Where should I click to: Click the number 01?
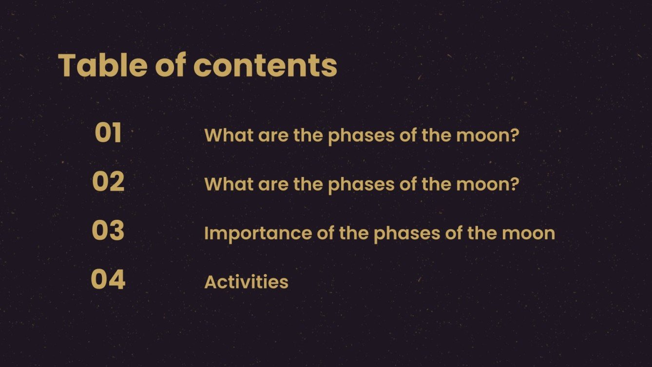click(x=108, y=133)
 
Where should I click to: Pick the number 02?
click(x=108, y=182)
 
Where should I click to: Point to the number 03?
click(x=108, y=231)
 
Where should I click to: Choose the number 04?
click(x=108, y=280)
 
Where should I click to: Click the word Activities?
click(x=246, y=282)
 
